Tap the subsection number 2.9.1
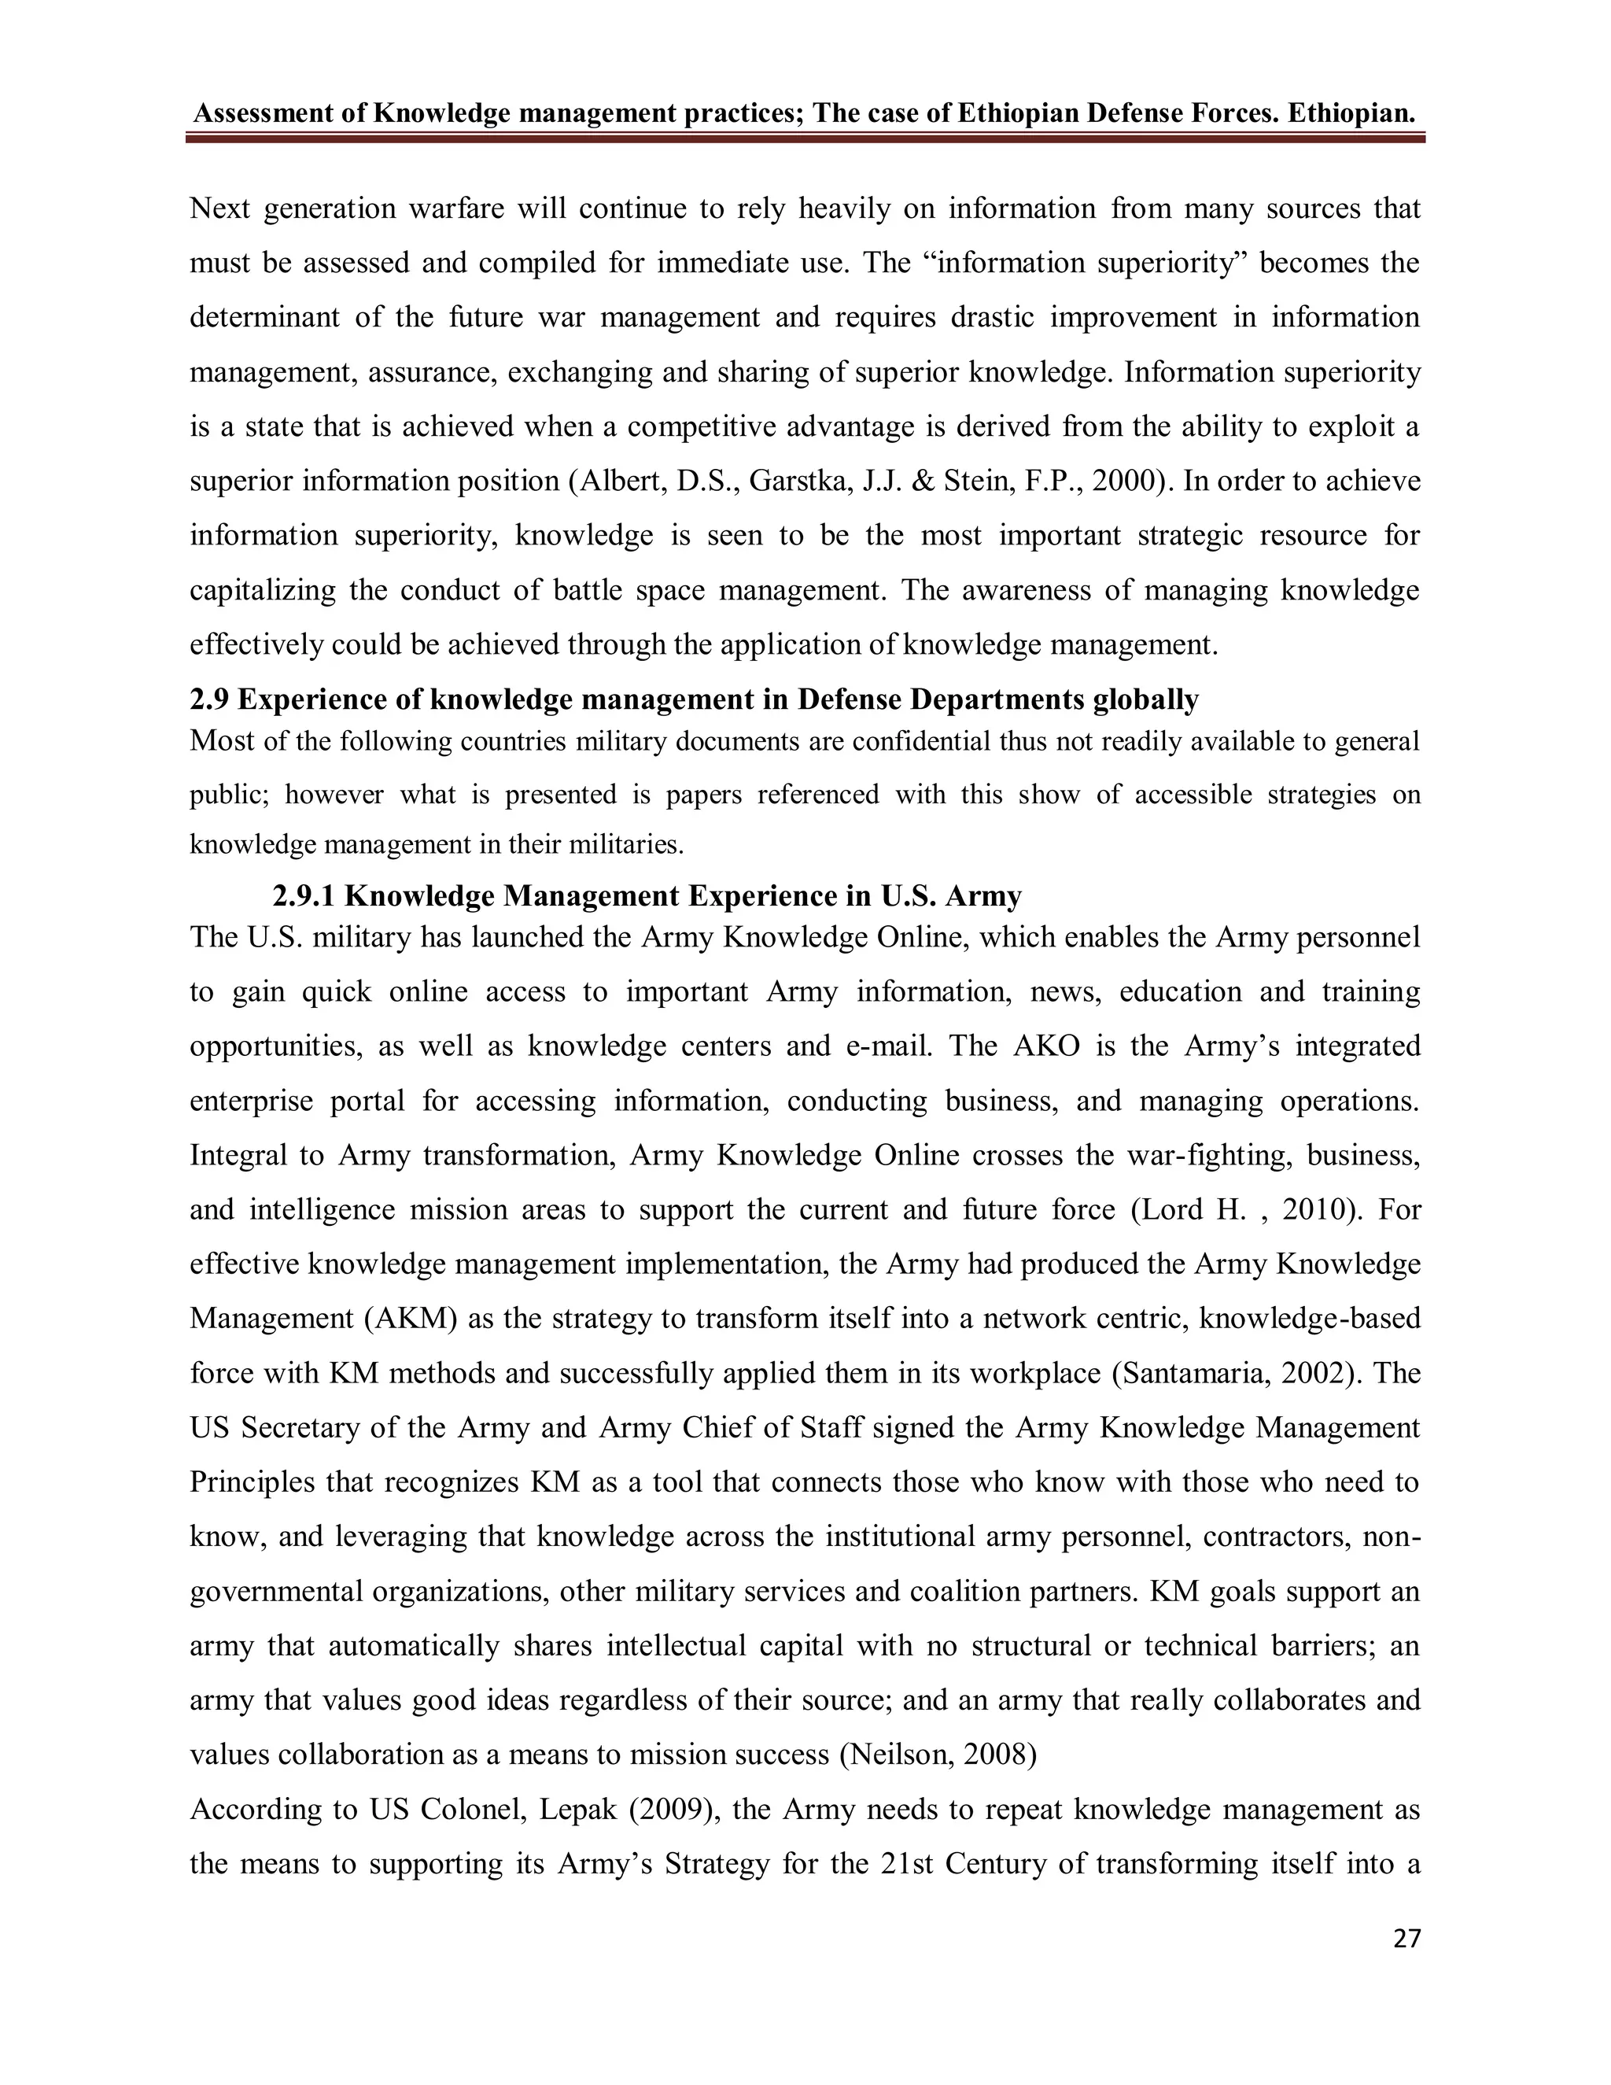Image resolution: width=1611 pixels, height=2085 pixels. [304, 895]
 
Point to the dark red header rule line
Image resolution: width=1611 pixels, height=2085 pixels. [805, 139]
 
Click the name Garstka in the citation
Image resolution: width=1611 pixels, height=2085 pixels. [786, 480]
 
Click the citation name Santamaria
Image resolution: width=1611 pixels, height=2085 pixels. [1190, 1373]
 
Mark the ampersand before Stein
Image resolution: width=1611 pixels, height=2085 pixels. [918, 480]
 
